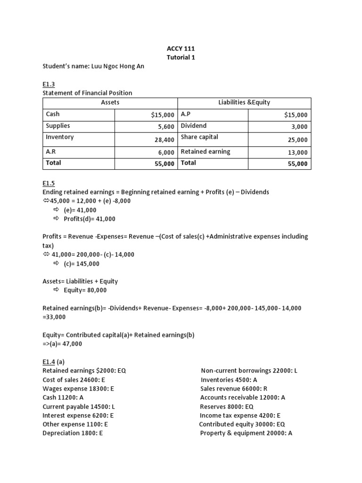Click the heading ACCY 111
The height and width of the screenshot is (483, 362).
pos(181,48)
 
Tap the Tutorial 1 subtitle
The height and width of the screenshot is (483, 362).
pos(181,57)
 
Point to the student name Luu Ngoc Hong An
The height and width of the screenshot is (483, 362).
pos(93,67)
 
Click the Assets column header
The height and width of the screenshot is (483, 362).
pos(110,102)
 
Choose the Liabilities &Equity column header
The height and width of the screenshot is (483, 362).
pos(244,102)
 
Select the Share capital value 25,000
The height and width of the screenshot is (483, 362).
pos(297,140)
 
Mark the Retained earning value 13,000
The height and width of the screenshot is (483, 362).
pos(297,152)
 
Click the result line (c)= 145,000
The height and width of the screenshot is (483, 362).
pos(81,264)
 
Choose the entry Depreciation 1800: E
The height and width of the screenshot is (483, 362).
pos(73,433)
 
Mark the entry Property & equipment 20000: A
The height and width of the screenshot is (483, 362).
pos(246,433)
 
